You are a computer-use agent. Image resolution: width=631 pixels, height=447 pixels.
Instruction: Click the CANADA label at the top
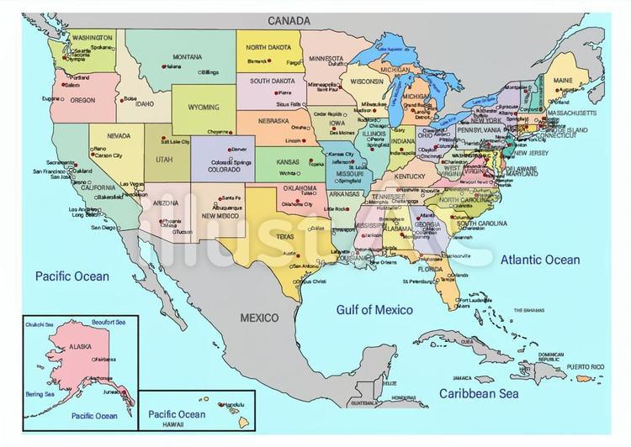coord(289,20)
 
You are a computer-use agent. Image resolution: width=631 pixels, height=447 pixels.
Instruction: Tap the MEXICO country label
coord(261,318)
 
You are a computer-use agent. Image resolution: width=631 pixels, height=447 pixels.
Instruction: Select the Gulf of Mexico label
coord(374,310)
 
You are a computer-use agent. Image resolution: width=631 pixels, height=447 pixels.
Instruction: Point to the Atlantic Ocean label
coord(540,260)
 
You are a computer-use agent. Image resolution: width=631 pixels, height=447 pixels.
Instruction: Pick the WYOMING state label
coord(203,108)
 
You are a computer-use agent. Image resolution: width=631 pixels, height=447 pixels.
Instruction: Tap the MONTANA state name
coord(188,57)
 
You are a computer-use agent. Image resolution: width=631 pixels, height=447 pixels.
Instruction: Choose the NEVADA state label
coord(118,135)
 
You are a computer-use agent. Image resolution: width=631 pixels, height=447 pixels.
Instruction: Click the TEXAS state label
coord(285,237)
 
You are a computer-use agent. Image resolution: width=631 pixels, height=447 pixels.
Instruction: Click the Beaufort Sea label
coord(109,322)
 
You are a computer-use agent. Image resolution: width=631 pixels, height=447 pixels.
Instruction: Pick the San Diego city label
coord(103,228)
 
